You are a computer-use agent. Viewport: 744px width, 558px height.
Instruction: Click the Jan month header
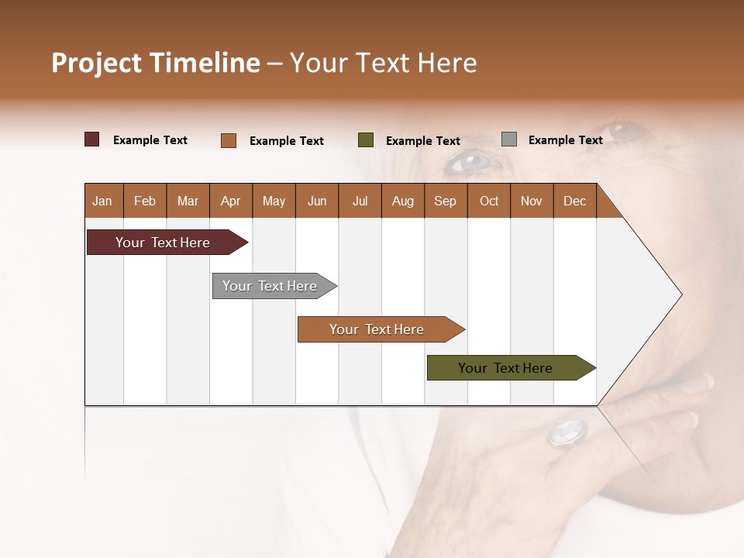[102, 201]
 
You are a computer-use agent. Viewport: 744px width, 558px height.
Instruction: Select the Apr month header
[230, 201]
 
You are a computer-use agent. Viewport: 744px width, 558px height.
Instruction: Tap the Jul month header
[360, 201]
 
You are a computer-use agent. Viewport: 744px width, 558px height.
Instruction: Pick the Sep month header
[445, 201]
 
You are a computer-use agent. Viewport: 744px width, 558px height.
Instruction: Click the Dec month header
[574, 201]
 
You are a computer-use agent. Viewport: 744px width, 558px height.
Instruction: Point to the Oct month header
[489, 201]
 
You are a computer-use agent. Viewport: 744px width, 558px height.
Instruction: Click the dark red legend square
[91, 139]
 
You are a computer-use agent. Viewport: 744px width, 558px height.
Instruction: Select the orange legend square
[228, 140]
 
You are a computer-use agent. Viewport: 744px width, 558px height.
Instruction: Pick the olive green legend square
[366, 140]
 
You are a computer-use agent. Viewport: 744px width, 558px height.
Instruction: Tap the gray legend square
[508, 139]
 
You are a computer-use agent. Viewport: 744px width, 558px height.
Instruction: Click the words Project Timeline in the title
[155, 63]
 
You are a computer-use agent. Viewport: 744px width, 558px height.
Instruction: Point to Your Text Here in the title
[383, 63]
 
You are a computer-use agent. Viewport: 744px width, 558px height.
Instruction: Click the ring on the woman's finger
[567, 432]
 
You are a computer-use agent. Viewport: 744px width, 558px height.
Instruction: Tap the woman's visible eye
[470, 161]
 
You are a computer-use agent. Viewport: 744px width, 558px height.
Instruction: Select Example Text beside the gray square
[565, 139]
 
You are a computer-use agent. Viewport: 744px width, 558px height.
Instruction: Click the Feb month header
[145, 201]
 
